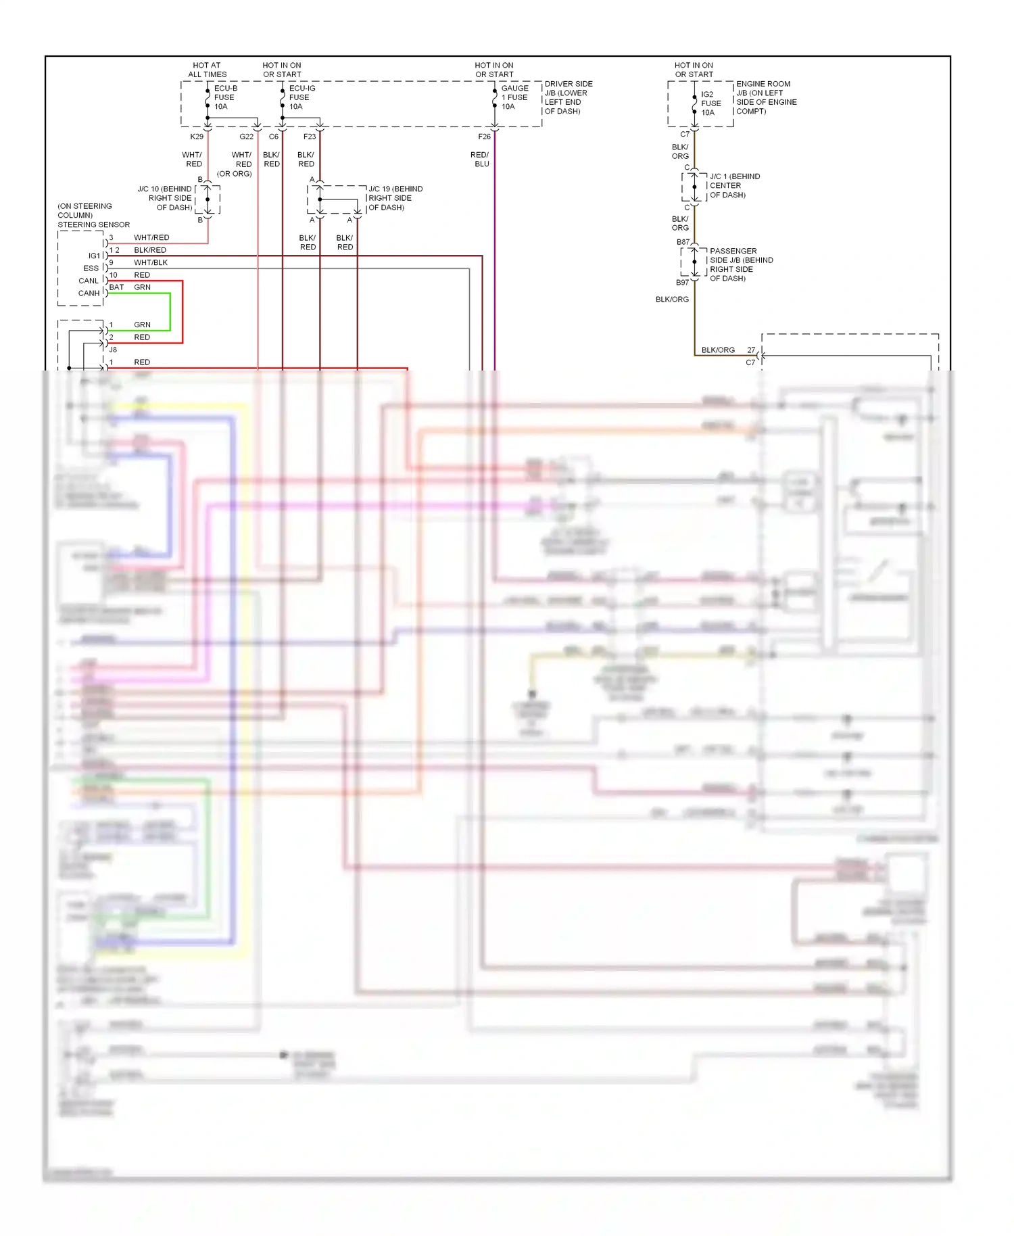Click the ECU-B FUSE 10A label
[225, 97]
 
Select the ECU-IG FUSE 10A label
[301, 97]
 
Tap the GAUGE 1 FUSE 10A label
[514, 97]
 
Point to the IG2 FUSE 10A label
[710, 103]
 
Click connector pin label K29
[196, 137]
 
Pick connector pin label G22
[246, 137]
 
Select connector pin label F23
[310, 137]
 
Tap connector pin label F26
[484, 137]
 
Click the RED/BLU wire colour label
[480, 160]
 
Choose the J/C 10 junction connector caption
[165, 198]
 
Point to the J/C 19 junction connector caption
[395, 198]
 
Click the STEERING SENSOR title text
[93, 224]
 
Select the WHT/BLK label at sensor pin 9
[151, 262]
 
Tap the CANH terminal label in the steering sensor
[89, 293]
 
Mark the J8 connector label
[113, 350]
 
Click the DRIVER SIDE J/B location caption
[568, 97]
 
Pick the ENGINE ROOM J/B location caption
[766, 97]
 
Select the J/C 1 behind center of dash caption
[734, 185]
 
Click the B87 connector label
[683, 242]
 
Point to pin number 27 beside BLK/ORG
[751, 350]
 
